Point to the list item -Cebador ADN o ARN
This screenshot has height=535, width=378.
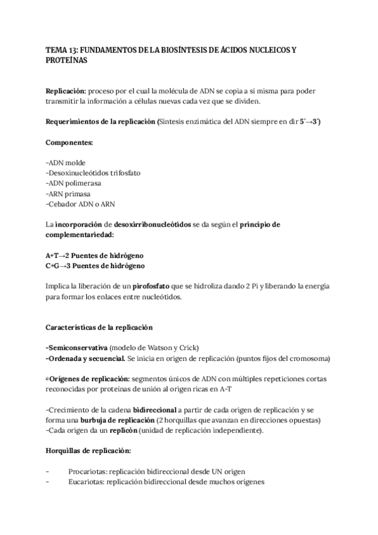pos(81,204)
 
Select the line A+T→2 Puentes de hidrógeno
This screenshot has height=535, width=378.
pos(94,255)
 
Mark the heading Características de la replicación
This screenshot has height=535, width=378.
pos(100,327)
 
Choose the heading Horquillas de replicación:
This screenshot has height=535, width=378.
pos(89,451)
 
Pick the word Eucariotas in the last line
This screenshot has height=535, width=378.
pos(87,481)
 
